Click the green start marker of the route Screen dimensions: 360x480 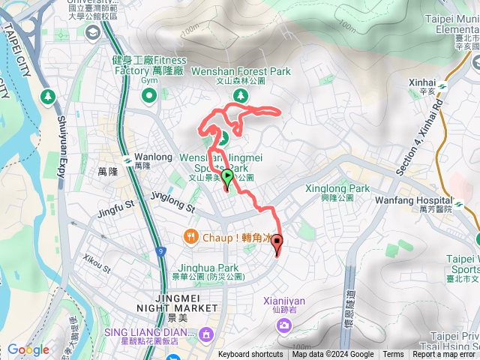pos(227,177)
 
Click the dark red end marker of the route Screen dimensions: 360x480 pos(277,243)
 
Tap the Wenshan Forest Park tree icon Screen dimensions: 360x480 pos(239,95)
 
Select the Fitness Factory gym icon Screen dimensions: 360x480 pos(148,94)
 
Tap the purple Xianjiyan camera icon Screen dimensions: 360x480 pos(283,325)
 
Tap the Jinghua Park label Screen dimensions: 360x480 pos(208,268)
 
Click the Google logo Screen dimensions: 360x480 pos(28,350)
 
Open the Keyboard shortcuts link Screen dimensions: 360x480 pos(250,355)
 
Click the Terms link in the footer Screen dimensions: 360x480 pos(393,355)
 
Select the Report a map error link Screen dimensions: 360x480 pos(444,355)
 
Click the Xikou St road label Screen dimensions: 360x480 pos(97,265)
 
